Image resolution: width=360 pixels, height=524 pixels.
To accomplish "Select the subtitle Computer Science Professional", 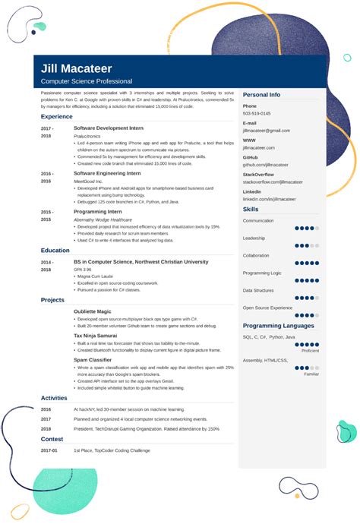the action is tap(87, 81).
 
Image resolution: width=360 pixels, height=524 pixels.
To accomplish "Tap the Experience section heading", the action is tap(57, 116).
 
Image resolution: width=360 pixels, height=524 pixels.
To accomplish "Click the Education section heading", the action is tap(55, 250).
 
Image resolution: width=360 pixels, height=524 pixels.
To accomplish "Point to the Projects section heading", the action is tap(53, 300).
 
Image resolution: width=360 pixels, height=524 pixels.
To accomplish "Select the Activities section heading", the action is tap(55, 397).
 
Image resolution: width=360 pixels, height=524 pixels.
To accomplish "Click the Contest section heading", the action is tap(52, 439).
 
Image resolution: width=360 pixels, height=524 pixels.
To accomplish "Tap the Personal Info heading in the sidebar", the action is tap(262, 95).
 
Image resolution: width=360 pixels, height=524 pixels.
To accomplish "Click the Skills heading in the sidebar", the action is tap(251, 209).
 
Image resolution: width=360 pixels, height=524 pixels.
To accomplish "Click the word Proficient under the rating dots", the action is tap(310, 351).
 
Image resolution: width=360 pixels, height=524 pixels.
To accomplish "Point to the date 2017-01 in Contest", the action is tap(49, 450).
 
